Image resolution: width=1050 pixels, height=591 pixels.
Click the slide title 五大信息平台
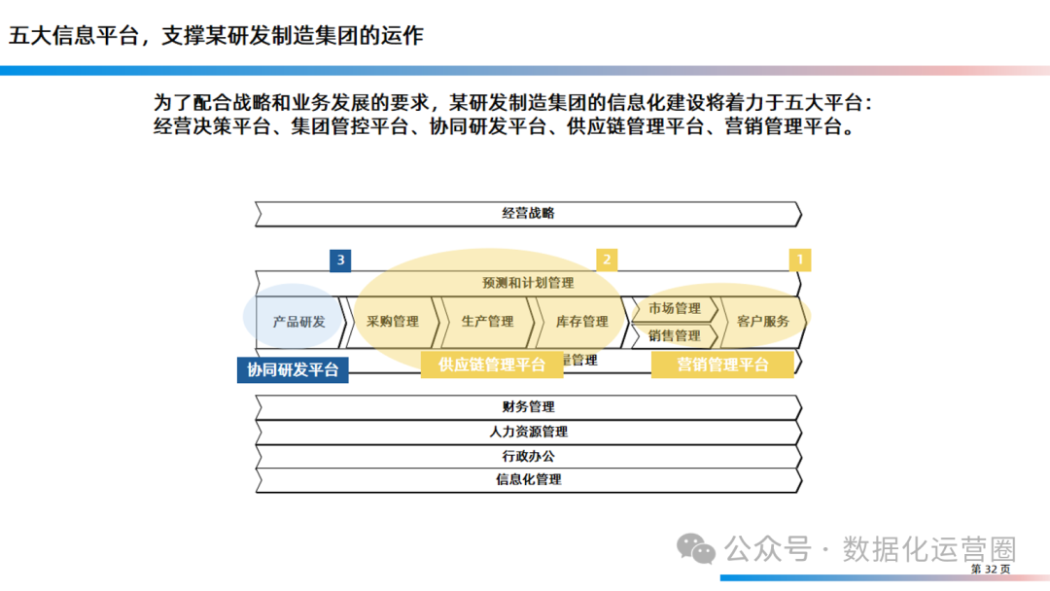[x=216, y=36]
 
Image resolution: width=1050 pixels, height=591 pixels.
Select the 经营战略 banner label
[x=528, y=213]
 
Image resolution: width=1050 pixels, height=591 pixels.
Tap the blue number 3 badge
[x=340, y=260]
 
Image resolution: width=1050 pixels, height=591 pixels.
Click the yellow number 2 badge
[x=607, y=260]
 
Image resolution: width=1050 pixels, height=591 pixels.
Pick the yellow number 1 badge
[x=800, y=260]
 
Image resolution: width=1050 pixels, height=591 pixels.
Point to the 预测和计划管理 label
[x=528, y=283]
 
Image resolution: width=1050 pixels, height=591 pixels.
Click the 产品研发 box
[x=298, y=321]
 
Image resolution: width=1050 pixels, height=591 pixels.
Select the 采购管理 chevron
[x=393, y=321]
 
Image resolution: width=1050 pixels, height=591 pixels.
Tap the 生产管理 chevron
[x=487, y=321]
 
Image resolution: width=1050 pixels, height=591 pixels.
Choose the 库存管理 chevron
[x=581, y=321]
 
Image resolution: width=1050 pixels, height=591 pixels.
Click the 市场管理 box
[x=674, y=308]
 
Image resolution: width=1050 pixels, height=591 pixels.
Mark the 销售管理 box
[x=674, y=335]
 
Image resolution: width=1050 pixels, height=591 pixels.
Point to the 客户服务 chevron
[x=763, y=321]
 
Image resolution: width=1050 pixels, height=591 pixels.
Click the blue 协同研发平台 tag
[x=293, y=369]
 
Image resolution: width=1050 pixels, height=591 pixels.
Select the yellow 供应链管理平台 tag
[x=492, y=365]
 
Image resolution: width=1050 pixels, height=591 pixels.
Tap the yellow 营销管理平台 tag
[x=722, y=365]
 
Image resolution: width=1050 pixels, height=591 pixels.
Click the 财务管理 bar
[x=528, y=406]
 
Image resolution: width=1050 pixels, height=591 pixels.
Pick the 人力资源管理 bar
[x=528, y=432]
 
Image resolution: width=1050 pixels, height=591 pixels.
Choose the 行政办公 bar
[x=528, y=455]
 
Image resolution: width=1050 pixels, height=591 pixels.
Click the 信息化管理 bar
[x=528, y=479]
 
